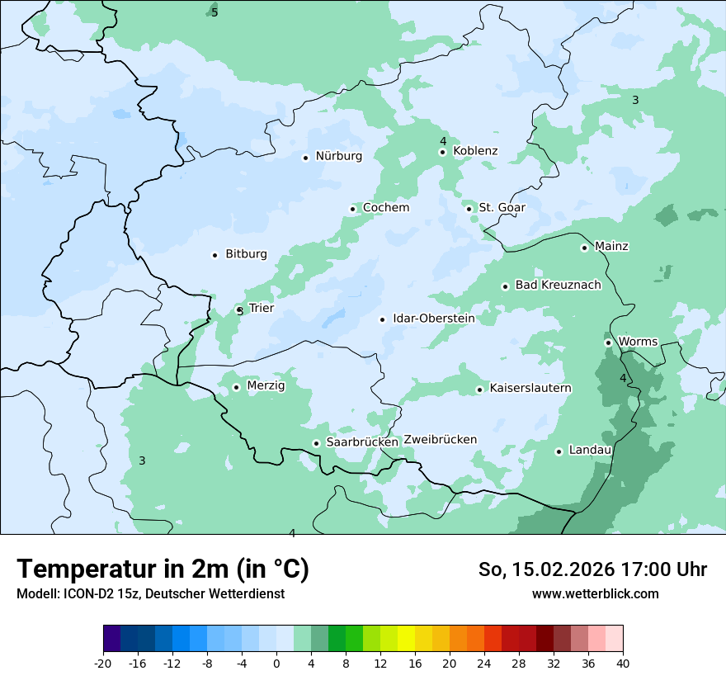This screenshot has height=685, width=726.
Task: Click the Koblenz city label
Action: (475, 151)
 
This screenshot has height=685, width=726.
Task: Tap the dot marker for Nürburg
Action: (305, 158)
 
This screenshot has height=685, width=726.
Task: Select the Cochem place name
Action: (385, 208)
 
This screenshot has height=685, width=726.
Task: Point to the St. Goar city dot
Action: (469, 209)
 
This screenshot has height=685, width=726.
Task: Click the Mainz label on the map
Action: (611, 247)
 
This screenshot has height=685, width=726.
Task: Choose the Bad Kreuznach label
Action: (558, 286)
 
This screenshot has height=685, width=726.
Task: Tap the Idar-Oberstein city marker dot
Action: (383, 319)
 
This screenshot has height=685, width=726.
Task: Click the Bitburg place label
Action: (246, 254)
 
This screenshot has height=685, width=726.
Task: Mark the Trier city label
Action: (261, 309)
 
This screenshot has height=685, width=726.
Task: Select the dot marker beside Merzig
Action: (236, 387)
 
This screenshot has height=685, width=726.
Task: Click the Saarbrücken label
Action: (362, 442)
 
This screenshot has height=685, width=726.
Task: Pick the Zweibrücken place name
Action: (440, 440)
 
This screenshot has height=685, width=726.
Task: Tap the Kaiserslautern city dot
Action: (479, 390)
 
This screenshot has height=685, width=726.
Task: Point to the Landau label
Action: (590, 451)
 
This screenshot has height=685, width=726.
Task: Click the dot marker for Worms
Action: (608, 342)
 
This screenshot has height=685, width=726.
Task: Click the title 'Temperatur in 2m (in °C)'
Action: (163, 569)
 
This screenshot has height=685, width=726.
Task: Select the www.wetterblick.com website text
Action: (595, 594)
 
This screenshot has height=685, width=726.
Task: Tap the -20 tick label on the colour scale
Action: (102, 664)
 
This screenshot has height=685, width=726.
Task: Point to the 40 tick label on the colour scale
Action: (622, 664)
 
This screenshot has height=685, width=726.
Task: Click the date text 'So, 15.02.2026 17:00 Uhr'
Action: (592, 570)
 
